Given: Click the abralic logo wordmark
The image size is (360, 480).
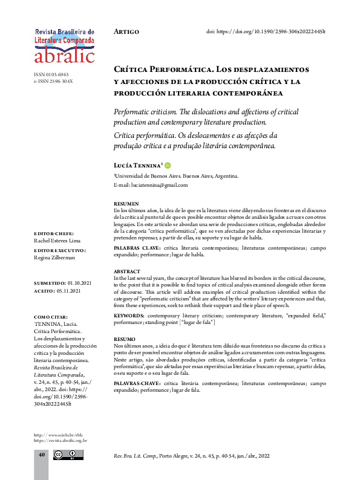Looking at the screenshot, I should coord(65,56).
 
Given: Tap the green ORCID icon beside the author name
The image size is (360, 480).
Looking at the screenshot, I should coord(168,165).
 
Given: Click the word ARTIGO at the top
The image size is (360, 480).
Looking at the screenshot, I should coord(126,31).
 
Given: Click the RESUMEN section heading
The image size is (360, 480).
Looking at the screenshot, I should coord(126,203).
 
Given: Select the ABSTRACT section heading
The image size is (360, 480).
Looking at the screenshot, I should coord(128,272).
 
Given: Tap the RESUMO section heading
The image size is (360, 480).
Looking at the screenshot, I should coord(125,340).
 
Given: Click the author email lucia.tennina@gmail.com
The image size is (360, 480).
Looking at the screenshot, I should coord(151,185).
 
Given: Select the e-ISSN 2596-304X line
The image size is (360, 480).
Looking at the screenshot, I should coord(53,81).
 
